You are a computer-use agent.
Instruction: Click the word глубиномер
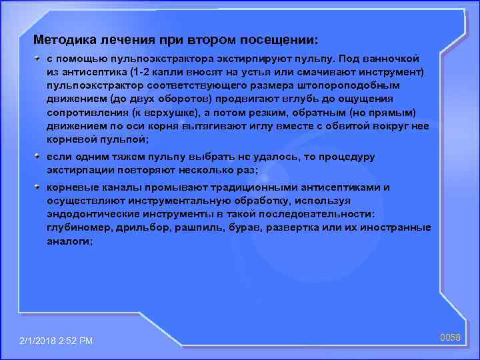click(78, 227)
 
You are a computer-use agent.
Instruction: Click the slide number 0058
click(451, 338)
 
